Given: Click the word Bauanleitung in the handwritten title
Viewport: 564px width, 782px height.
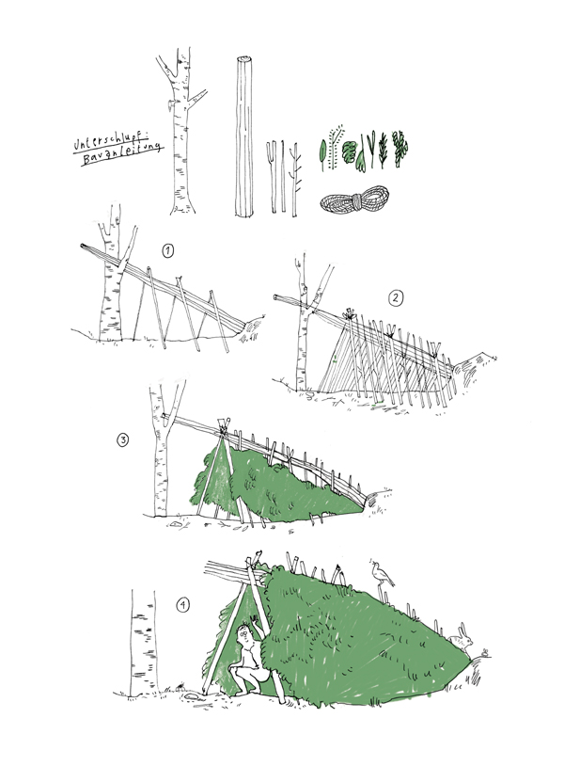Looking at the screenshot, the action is pos(122,154).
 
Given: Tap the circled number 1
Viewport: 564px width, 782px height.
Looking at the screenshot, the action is pos(168,251).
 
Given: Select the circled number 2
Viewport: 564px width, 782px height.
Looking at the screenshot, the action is pos(395,298).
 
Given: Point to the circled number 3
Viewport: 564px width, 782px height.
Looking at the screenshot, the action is pos(122,440).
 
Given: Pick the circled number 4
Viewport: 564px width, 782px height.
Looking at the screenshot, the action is pos(183,605).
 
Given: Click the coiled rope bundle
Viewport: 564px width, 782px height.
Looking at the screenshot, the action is pos(354,199).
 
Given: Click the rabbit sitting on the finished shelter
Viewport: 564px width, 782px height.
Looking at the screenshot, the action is pos(462,637).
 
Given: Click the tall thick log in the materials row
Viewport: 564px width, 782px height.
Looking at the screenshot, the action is pos(243,136).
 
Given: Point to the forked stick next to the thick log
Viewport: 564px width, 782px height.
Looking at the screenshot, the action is pos(272,177).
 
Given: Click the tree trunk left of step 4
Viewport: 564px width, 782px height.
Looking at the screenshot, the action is pos(144,643).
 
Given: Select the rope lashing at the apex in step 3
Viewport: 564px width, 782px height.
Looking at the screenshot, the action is pos(222,427).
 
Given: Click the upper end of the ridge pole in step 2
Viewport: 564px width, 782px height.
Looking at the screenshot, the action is pos(275,297).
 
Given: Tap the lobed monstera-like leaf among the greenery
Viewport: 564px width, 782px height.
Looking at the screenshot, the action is pos(351,152).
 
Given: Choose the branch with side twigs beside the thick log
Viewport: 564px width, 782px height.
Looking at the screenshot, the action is pos(295,180).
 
